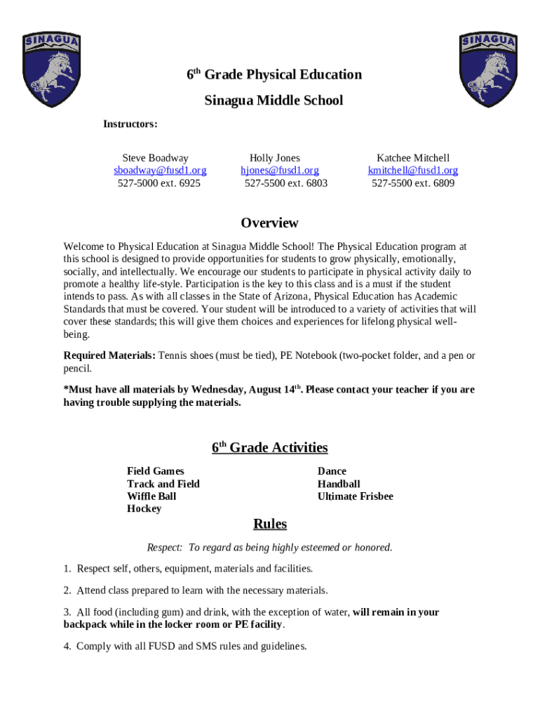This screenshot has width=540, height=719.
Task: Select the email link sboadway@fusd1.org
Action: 160,171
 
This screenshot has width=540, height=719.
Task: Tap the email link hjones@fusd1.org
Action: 280,171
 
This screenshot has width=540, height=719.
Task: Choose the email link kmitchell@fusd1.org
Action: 413,171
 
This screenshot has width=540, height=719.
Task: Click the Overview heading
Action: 269,223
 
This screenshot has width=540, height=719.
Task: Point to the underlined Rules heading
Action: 269,525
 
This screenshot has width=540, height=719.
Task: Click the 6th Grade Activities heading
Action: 269,448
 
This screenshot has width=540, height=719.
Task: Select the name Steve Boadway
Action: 155,158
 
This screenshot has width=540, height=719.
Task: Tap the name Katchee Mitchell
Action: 413,158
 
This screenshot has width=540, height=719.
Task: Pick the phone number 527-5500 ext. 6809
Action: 413,183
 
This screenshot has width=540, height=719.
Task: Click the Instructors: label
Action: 130,124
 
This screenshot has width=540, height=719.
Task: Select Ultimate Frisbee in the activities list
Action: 355,496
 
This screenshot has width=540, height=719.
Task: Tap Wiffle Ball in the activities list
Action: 151,496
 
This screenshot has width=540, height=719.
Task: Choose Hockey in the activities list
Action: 144,508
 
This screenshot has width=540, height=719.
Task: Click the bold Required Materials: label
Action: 109,355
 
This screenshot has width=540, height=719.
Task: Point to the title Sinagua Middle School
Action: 274,100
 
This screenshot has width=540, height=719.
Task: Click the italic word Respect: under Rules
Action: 164,548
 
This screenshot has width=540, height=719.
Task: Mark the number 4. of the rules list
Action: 67,646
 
